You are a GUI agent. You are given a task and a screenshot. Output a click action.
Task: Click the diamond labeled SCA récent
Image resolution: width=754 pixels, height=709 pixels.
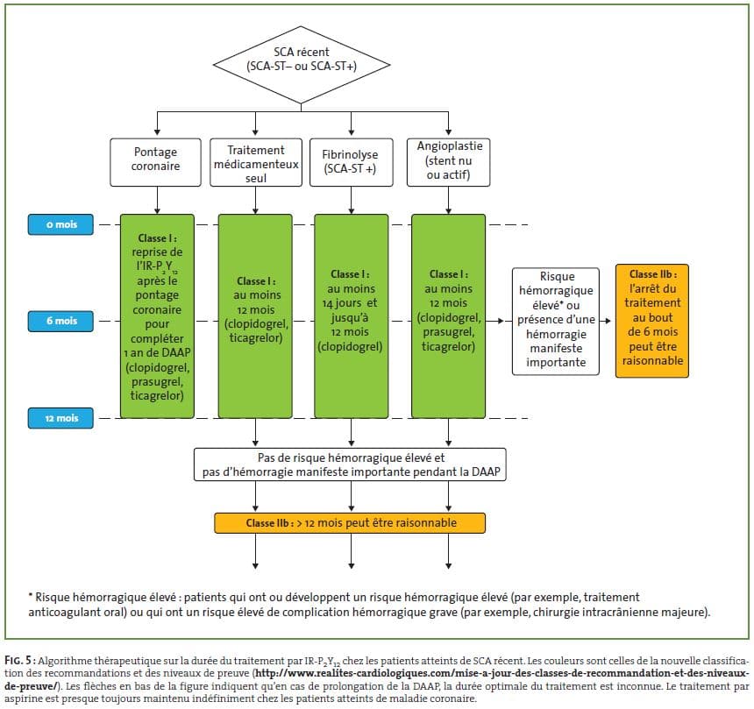tap(302, 65)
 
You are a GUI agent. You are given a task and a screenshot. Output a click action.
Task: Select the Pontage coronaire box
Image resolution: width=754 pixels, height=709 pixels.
tap(155, 162)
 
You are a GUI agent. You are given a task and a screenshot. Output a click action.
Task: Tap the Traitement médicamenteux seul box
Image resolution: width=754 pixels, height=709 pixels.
tap(256, 162)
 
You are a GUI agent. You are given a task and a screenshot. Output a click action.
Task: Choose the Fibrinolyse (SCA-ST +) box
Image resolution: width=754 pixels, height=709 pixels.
tap(351, 162)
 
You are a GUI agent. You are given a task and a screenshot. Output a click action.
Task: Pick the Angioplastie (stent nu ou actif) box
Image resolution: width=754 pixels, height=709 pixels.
tap(448, 162)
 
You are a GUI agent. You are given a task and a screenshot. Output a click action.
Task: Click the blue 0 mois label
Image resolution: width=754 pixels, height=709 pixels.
tap(60, 224)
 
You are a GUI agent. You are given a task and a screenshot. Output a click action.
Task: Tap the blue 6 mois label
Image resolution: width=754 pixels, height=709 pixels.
tap(60, 321)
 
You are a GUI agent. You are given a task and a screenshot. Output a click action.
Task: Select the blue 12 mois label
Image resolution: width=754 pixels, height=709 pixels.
tap(60, 418)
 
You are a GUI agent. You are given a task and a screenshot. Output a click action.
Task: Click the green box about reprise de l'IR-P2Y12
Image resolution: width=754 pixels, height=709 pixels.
tap(157, 316)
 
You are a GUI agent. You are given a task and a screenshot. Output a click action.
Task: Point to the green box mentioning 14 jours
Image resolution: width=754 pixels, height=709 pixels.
tap(351, 316)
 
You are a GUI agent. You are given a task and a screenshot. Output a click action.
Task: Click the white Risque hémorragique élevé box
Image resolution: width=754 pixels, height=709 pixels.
tap(555, 321)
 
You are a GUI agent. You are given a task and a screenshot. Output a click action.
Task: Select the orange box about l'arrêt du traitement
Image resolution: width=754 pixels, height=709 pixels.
tap(652, 321)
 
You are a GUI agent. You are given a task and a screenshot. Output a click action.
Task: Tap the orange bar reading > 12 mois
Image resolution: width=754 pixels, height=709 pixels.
tap(350, 523)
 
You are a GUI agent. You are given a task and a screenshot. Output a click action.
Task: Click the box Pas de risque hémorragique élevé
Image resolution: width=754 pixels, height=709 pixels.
tap(350, 464)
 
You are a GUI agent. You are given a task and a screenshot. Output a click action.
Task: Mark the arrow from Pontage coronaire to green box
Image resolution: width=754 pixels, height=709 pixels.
tap(157, 201)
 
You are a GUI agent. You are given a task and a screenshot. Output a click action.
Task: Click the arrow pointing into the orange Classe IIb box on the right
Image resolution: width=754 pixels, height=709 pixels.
tap(606, 321)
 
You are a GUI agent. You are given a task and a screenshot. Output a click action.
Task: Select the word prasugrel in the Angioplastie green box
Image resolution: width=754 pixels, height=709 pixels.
tap(448, 332)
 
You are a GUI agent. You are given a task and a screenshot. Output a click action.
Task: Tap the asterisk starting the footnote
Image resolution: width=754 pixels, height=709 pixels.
tap(31, 596)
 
